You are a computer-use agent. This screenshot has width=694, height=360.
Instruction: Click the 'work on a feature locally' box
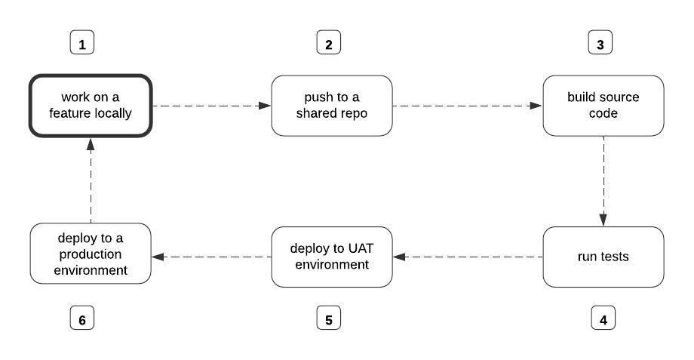[x=91, y=106]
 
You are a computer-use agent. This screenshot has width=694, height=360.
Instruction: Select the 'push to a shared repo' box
[x=332, y=106]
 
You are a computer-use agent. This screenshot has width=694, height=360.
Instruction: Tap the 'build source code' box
[x=603, y=106]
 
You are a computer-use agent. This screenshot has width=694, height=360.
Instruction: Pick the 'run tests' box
[x=603, y=257]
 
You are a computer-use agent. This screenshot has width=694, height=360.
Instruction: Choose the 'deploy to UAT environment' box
[x=332, y=257]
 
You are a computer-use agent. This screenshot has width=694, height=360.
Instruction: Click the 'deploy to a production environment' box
[x=91, y=257]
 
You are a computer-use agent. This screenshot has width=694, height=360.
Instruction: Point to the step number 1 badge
[x=82, y=44]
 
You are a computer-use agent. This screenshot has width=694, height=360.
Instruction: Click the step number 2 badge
[x=328, y=44]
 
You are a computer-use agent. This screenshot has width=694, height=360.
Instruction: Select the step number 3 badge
[x=600, y=44]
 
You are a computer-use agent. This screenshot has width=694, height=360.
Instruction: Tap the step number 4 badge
[x=603, y=319]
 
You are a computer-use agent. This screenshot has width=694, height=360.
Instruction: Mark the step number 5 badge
[x=328, y=319]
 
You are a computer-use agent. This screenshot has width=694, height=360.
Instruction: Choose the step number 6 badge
[x=82, y=319]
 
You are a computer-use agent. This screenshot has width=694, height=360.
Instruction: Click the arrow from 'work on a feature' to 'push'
[x=212, y=106]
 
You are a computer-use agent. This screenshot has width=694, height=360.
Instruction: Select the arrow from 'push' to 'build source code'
[x=468, y=106]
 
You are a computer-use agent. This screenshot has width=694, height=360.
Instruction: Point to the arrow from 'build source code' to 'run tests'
[x=603, y=181]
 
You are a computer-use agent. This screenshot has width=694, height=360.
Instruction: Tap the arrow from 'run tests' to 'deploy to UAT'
[x=468, y=257]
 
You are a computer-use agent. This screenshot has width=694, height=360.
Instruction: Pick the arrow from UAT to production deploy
[x=212, y=257]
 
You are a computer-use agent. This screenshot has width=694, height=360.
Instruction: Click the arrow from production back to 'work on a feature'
[x=91, y=181]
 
